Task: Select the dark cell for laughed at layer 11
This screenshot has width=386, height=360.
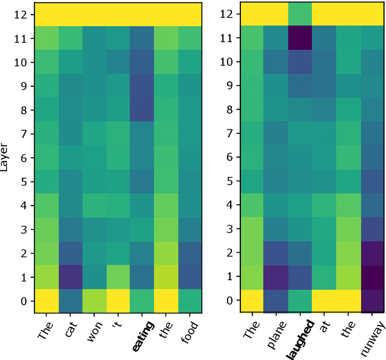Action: [300, 39]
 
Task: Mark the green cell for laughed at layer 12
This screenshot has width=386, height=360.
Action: [300, 14]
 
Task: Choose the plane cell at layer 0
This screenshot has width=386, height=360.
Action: [276, 300]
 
